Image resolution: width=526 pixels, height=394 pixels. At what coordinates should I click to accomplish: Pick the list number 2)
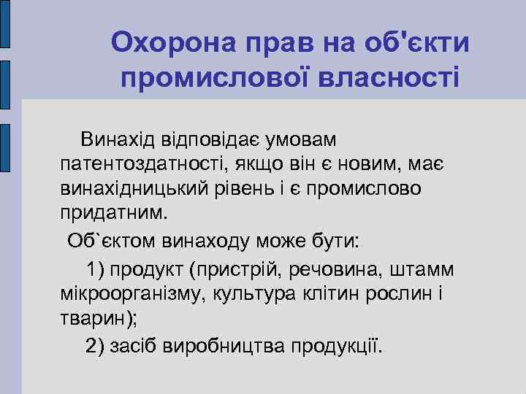(x=96, y=344)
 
